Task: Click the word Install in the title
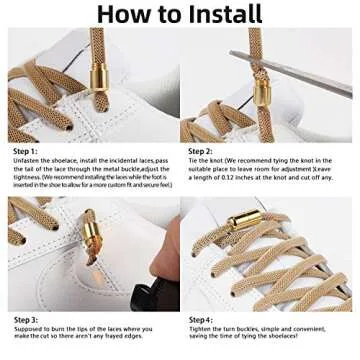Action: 217,14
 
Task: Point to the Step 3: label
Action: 27,320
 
